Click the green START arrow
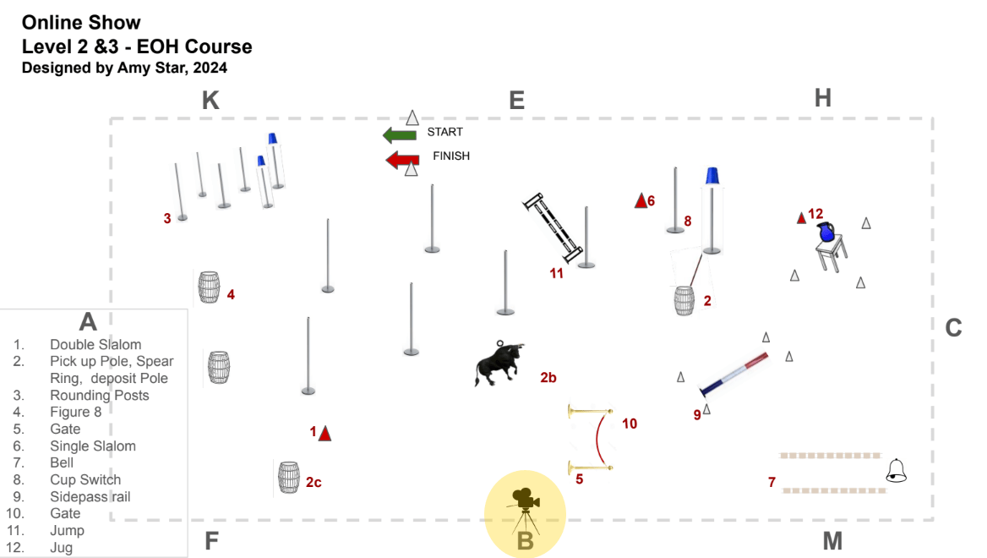(400, 134)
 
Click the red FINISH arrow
(403, 160)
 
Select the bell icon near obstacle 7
(897, 470)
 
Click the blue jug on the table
(826, 232)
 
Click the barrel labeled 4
(209, 287)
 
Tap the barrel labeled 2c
(289, 477)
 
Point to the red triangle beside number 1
(324, 434)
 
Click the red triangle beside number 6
(641, 200)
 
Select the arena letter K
(210, 100)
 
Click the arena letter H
(823, 98)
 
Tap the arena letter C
(954, 327)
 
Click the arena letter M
(832, 540)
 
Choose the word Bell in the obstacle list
(62, 463)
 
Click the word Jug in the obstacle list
(61, 547)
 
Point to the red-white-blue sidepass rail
(734, 374)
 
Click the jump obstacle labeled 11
(553, 228)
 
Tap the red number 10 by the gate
(630, 424)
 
